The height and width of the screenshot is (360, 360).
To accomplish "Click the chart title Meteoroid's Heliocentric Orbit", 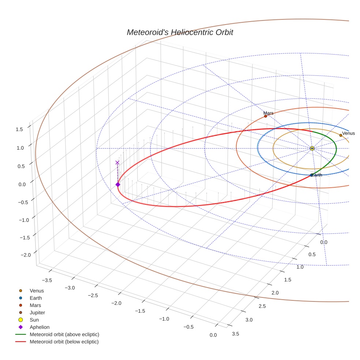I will pos(180,32).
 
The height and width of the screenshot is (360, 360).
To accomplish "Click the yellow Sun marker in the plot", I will pos(312,148).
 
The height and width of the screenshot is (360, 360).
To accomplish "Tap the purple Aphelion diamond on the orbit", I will pos(118,184).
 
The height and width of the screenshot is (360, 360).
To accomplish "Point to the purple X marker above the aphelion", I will pos(117,162).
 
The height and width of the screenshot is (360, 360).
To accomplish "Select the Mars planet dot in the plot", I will pos(266,116).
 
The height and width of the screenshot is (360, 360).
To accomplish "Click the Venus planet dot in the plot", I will pos(341,135).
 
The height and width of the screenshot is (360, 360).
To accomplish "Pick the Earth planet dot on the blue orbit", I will pos(311,175).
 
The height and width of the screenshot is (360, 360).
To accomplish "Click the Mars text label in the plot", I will pos(269,113).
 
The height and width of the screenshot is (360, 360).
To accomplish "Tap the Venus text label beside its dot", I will pos(348,133).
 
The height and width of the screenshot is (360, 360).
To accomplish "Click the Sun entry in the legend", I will pos(34,320).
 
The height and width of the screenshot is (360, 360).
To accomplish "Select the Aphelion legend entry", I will pos(39,327).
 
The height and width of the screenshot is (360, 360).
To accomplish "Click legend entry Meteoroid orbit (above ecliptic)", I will pos(64,334).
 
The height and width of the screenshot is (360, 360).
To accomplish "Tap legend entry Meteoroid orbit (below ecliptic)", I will pos(64,342).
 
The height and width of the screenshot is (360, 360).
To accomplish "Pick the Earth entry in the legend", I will pos(35,298).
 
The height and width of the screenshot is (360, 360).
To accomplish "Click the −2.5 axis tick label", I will pos(93,295).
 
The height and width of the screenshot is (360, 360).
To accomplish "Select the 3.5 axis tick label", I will pos(236,333).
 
